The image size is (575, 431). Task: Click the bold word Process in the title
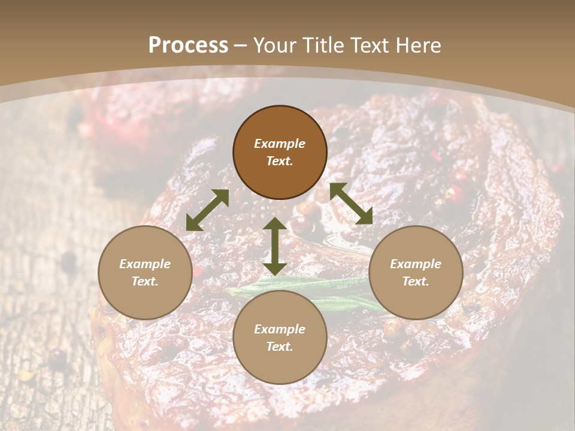pyautogui.click(x=188, y=45)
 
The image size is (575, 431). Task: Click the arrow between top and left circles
pyautogui.click(x=207, y=210)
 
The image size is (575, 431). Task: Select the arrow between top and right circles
pyautogui.click(x=351, y=204)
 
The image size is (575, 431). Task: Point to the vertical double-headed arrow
pyautogui.click(x=275, y=246)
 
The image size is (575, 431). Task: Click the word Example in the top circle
pyautogui.click(x=280, y=144)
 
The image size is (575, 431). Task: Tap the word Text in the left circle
pyautogui.click(x=145, y=281)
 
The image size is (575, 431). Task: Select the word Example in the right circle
pyautogui.click(x=416, y=264)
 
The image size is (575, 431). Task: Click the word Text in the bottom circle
pyautogui.click(x=280, y=347)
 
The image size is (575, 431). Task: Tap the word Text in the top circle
pyautogui.click(x=280, y=161)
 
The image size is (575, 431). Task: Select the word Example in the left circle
pyautogui.click(x=145, y=264)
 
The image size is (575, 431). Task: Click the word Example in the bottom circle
pyautogui.click(x=280, y=329)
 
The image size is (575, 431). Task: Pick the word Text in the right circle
pyautogui.click(x=416, y=281)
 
